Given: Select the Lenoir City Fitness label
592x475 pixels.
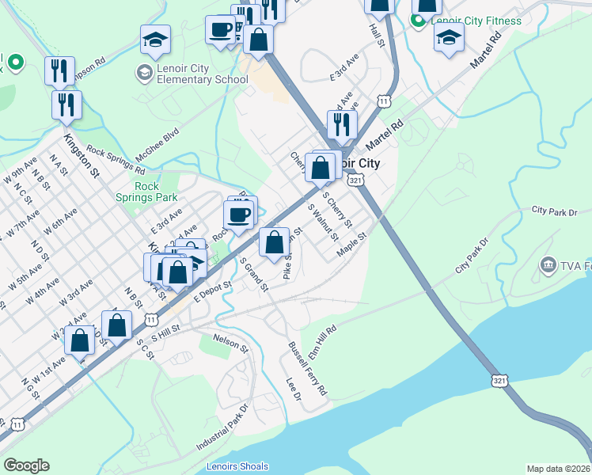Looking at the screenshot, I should (x=477, y=21).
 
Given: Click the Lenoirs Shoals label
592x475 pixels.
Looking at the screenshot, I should (x=237, y=466).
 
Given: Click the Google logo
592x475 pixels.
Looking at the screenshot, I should (x=26, y=465).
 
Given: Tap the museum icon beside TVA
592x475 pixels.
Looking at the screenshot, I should (x=547, y=265).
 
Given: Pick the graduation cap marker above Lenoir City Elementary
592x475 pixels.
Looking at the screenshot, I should (x=156, y=40).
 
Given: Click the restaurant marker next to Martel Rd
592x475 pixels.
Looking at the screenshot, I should (x=342, y=124).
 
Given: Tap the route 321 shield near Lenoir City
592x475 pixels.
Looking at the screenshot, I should (x=356, y=180).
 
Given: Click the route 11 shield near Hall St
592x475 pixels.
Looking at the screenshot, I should (x=384, y=101).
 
